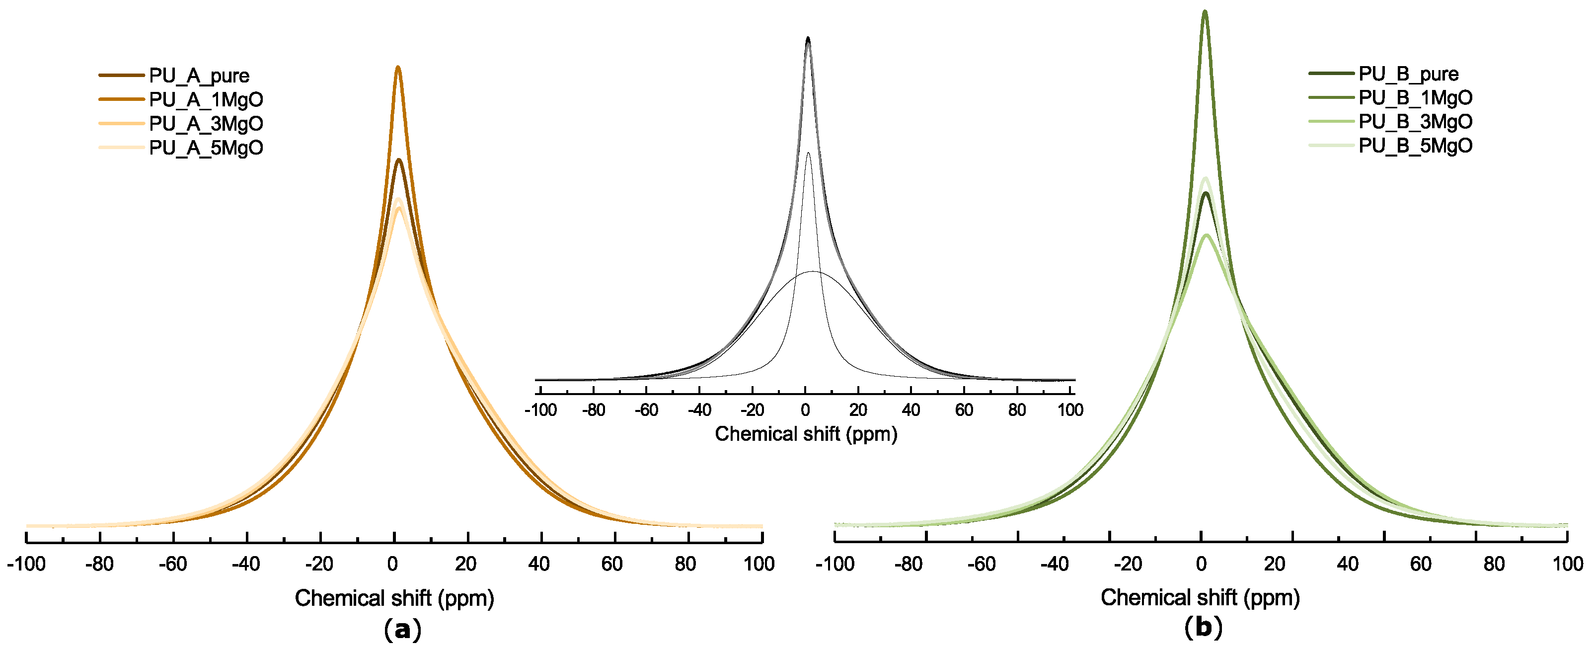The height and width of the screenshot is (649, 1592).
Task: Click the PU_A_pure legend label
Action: (199, 76)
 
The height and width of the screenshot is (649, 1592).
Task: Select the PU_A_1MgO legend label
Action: (206, 99)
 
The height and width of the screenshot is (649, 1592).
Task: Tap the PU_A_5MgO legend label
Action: (206, 148)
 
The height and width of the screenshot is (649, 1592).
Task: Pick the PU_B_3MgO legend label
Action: (1415, 122)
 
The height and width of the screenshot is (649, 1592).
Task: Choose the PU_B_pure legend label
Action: (1408, 74)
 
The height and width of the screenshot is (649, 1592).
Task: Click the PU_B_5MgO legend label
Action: (1415, 146)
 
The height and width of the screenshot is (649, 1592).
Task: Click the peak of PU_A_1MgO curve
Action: (398, 68)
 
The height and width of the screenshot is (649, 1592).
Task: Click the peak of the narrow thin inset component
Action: (808, 153)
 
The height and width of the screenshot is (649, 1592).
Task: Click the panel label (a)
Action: (402, 630)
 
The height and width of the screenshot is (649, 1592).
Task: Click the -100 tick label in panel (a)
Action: (26, 564)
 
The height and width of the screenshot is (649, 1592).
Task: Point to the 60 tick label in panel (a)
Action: (612, 564)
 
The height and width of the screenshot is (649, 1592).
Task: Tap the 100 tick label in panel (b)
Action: (1567, 564)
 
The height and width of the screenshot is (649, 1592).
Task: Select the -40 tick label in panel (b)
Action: (1055, 564)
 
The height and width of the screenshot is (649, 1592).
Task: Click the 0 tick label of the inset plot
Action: (805, 410)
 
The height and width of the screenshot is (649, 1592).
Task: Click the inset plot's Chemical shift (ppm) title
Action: (806, 434)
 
